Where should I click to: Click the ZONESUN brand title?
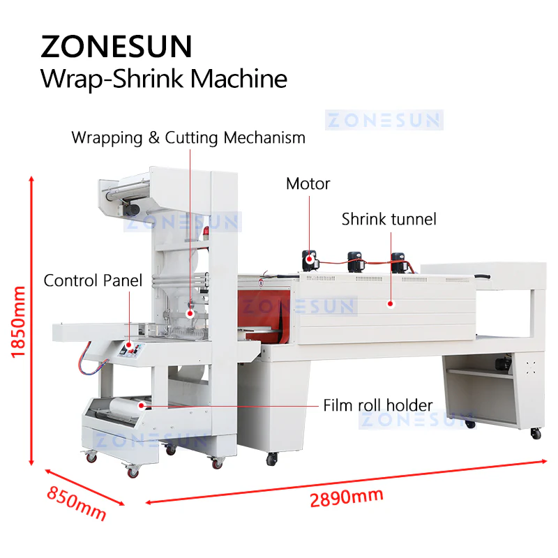pyautogui.click(x=116, y=46)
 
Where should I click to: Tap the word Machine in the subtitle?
pyautogui.click(x=239, y=78)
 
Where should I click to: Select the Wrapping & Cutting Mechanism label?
pyautogui.click(x=188, y=137)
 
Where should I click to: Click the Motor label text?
pyautogui.click(x=308, y=183)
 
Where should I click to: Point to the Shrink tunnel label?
pyautogui.click(x=389, y=219)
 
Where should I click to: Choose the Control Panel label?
pyautogui.click(x=93, y=280)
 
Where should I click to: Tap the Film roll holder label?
pyautogui.click(x=378, y=405)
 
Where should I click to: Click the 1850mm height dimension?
pyautogui.click(x=19, y=322)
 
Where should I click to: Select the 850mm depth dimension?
pyautogui.click(x=77, y=503)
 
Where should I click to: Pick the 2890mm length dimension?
pyautogui.click(x=346, y=497)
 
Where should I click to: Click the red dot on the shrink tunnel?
pyautogui.click(x=391, y=304)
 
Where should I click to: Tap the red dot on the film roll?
pyautogui.click(x=142, y=405)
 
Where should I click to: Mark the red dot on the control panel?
pyautogui.click(x=129, y=345)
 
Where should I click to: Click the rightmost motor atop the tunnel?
pyautogui.click(x=398, y=263)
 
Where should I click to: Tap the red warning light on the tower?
pyautogui.click(x=206, y=232)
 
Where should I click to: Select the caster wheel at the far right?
pyautogui.click(x=536, y=433)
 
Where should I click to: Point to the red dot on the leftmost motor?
pyautogui.click(x=309, y=259)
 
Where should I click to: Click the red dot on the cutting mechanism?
pyautogui.click(x=190, y=313)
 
